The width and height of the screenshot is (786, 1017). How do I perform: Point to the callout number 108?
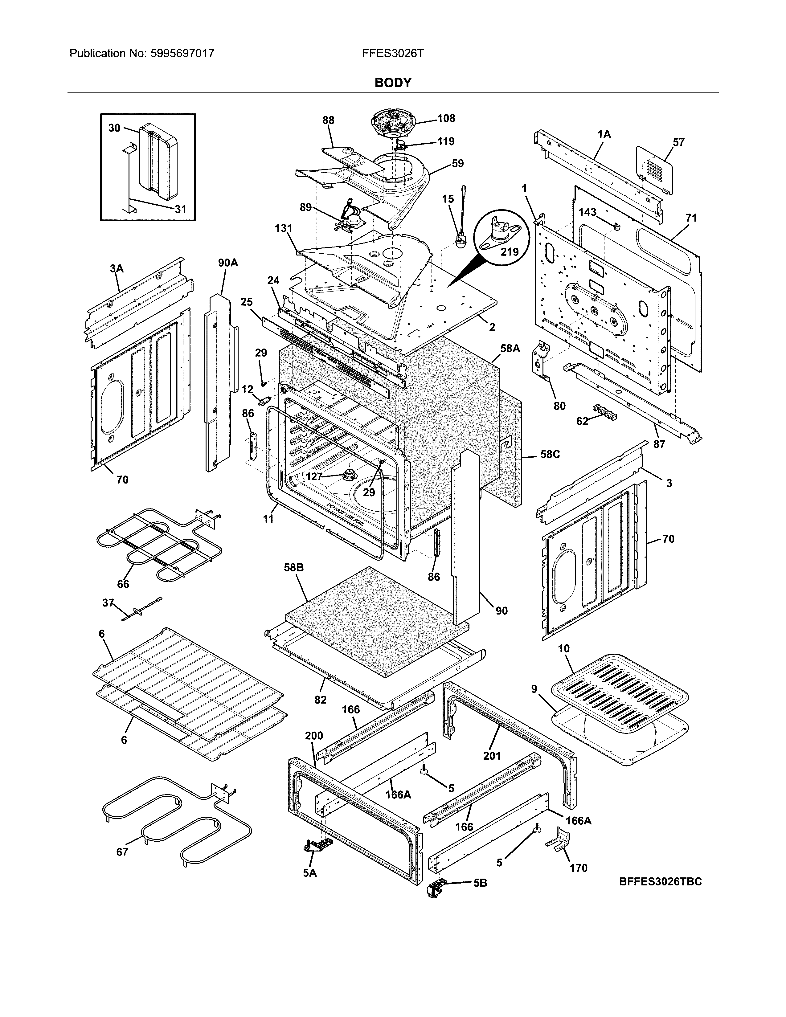(446, 119)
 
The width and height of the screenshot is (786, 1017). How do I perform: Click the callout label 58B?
(293, 568)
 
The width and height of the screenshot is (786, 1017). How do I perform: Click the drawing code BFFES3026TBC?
(660, 881)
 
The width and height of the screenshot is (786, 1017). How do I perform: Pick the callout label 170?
(578, 868)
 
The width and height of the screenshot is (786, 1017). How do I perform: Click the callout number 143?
(587, 212)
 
